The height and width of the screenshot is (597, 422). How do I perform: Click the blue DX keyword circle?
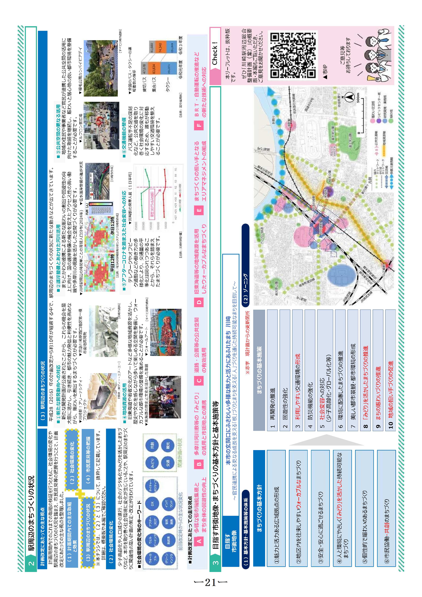152,504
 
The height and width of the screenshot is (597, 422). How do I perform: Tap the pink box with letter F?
199,125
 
